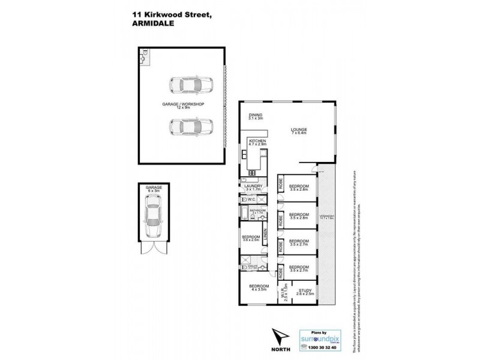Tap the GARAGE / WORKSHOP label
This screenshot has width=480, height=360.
point(183,106)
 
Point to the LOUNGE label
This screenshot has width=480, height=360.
point(299,130)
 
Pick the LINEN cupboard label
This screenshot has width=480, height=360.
point(265,235)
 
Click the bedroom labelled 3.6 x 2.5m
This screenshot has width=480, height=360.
point(251,238)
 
